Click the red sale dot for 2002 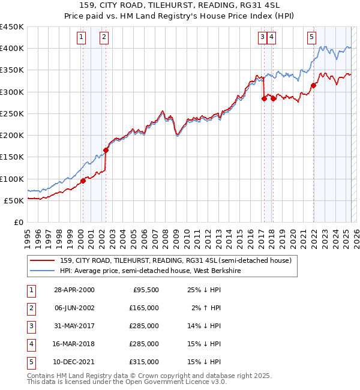click(x=106, y=150)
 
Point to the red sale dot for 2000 click(x=83, y=181)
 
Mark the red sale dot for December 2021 click(x=314, y=85)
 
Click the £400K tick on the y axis click(x=12, y=49)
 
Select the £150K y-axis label click(x=12, y=157)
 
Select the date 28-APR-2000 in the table click(x=74, y=290)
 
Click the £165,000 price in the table click(x=145, y=308)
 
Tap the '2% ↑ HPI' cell click(x=207, y=308)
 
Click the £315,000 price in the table click(x=145, y=362)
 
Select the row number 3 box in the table click(x=30, y=326)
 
